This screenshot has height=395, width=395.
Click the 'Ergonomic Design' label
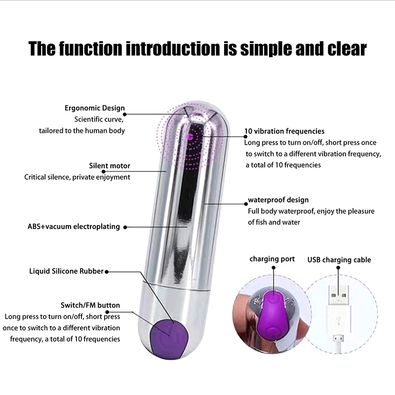95,108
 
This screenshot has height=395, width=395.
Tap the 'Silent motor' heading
110,166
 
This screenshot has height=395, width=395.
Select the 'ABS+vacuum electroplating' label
74,227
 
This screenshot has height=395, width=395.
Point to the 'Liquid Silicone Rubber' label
67,271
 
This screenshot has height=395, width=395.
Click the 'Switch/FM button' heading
90,305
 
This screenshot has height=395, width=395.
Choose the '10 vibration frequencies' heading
284,131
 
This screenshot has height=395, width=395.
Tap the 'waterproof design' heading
278,200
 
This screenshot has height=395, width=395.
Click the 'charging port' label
272,259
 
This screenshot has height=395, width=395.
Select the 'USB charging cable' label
339,260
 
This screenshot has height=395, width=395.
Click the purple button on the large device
169,338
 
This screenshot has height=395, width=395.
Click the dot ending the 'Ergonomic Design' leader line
124,115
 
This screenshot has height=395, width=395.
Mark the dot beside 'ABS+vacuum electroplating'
125,227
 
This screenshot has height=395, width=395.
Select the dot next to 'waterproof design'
246,204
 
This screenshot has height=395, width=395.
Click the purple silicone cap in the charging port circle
273,315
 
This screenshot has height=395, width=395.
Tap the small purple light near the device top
190,137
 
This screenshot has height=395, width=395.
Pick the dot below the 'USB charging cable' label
338,268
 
